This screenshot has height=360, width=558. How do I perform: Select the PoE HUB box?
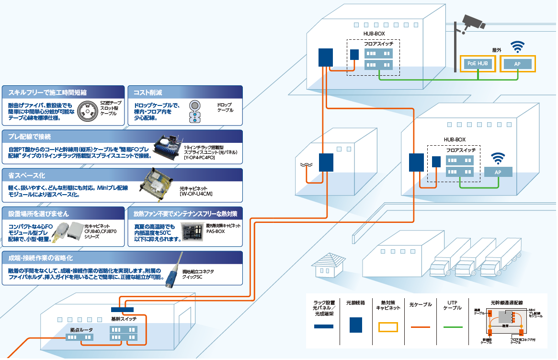[478, 63]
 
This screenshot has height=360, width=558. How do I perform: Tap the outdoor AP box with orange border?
[517, 64]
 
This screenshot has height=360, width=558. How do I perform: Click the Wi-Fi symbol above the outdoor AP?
[517, 47]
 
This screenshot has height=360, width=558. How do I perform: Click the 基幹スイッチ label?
[124, 319]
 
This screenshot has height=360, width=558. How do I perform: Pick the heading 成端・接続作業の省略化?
[40, 258]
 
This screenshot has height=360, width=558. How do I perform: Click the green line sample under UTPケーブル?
[452, 326]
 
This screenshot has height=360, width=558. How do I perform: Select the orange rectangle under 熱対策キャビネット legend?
[388, 327]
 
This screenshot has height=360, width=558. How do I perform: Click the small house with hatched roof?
[329, 266]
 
